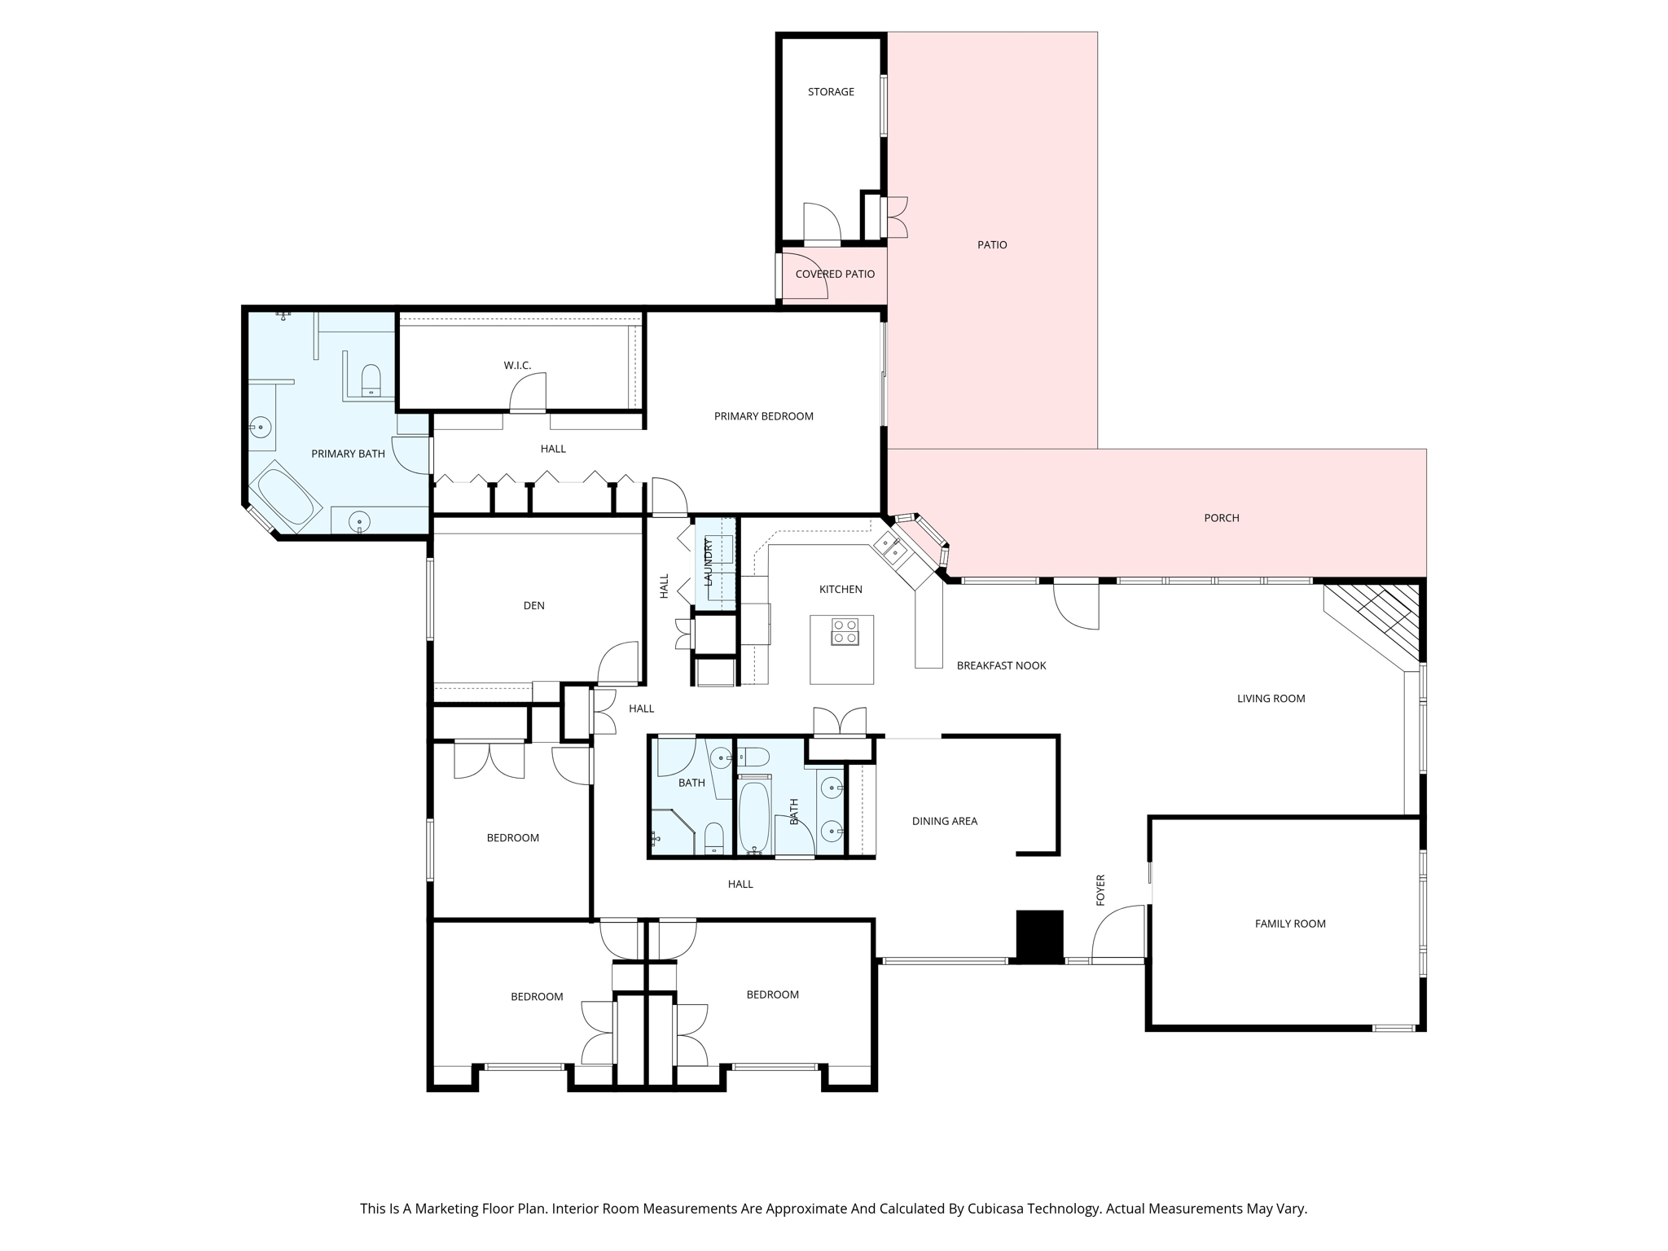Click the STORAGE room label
coord(831,92)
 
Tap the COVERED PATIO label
coord(835,274)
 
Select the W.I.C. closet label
coord(517,366)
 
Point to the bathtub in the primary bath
coord(285,494)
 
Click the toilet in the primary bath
coord(371,380)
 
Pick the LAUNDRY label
coord(708,563)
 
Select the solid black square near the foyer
coord(1040,936)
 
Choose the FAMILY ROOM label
coord(1290,924)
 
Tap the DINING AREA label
coord(945,821)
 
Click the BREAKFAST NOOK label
coord(1001,665)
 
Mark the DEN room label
coord(534,606)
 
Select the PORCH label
coord(1222,518)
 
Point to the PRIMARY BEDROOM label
coord(764,416)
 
